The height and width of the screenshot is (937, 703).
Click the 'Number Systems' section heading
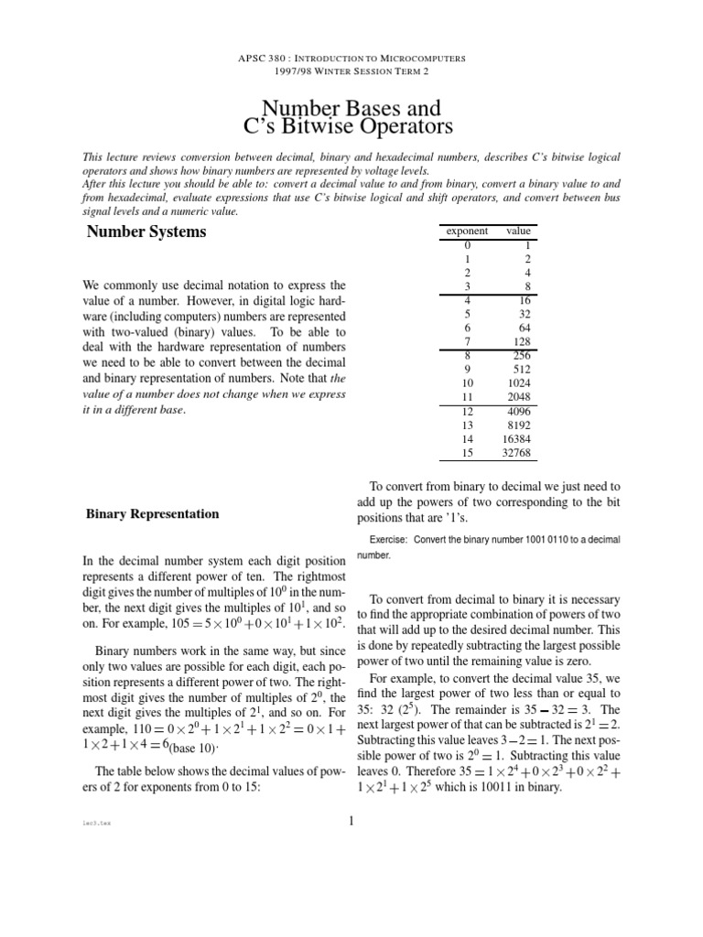(146, 232)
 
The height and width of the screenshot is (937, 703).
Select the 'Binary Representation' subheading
(152, 513)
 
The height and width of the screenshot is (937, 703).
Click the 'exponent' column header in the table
(466, 232)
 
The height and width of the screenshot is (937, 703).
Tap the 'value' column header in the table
(518, 232)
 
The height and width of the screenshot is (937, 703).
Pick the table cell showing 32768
(516, 452)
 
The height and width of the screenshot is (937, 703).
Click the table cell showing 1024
(518, 382)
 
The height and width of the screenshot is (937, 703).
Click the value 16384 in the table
(516, 438)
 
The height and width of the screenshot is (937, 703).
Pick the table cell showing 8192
(518, 425)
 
